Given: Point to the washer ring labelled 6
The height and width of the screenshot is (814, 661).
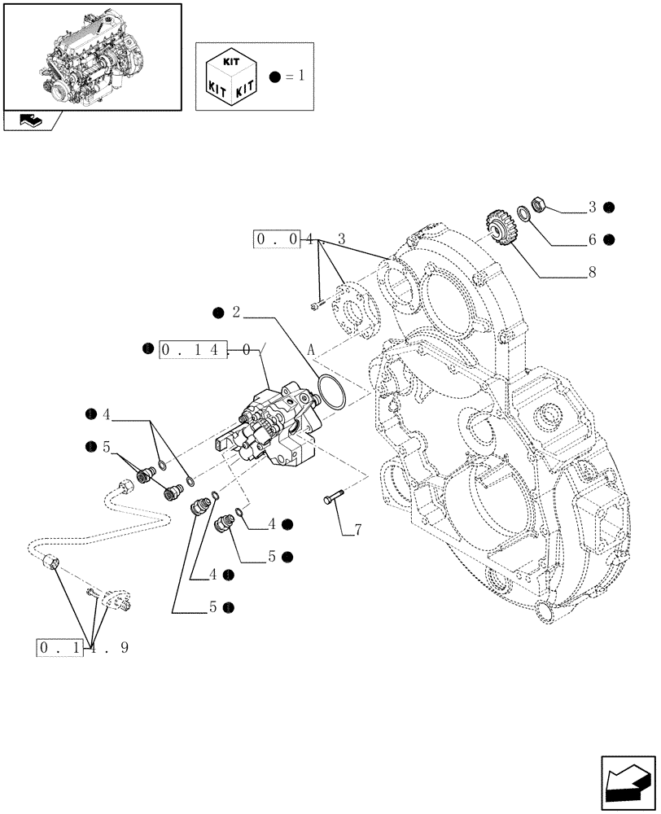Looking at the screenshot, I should click(523, 214).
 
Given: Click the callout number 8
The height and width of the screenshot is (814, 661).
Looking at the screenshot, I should click(592, 273).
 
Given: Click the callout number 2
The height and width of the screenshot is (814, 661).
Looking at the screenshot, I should click(236, 313).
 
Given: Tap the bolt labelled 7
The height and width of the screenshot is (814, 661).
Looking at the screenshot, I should click(334, 498).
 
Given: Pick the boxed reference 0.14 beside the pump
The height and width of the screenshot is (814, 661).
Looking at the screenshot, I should click(192, 350).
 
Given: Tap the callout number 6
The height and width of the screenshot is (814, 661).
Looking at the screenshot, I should click(592, 240).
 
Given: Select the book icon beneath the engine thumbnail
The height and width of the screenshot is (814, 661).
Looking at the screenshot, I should click(30, 120).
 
